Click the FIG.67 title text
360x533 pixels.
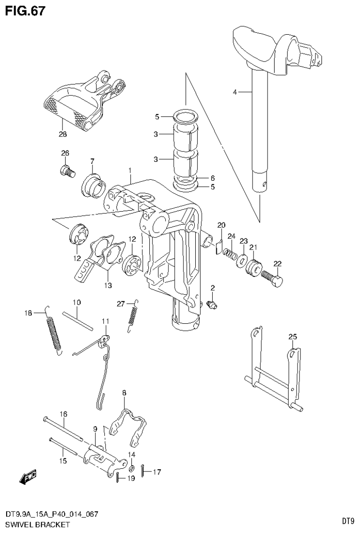coord(25,10)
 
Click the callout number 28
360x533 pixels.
coord(62,134)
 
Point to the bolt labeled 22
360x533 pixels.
coord(272,279)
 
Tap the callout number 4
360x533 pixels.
coord(235,92)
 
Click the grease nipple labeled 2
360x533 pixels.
coord(212,305)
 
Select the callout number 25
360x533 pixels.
coord(292,337)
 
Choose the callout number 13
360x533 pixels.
coord(108,285)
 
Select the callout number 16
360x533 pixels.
coord(63,413)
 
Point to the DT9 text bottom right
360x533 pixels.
coord(347,520)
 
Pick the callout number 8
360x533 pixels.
coord(124,392)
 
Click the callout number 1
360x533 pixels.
coord(129,171)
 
